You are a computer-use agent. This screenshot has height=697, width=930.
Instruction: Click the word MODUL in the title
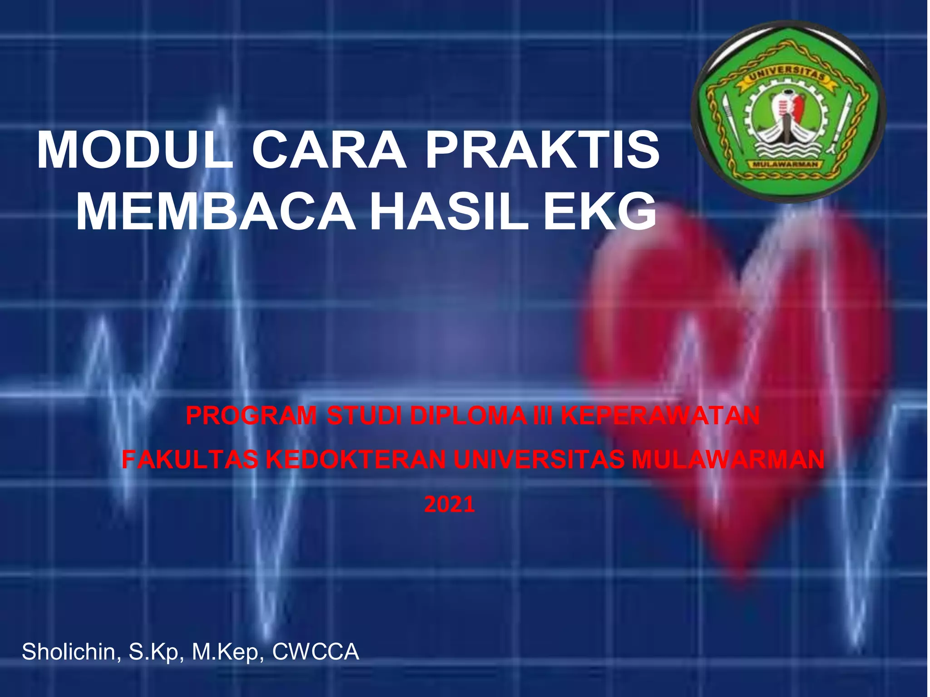[x=135, y=151]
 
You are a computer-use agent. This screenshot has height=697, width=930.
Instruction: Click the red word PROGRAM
[x=251, y=416]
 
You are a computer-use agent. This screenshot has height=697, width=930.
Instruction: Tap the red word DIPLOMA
[x=468, y=416]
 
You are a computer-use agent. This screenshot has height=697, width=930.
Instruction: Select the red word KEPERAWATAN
[x=660, y=416]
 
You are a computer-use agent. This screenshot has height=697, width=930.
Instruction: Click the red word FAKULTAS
[x=190, y=460]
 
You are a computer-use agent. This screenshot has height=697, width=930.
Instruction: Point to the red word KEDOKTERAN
[x=356, y=460]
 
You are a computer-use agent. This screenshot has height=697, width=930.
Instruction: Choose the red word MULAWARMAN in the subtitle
[x=728, y=460]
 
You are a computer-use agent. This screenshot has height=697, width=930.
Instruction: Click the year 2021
[x=450, y=505]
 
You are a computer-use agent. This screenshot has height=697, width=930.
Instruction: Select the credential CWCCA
[x=316, y=652]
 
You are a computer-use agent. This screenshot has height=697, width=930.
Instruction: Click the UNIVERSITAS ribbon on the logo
[x=787, y=74]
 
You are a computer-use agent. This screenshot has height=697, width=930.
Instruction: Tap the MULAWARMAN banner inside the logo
[x=787, y=164]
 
